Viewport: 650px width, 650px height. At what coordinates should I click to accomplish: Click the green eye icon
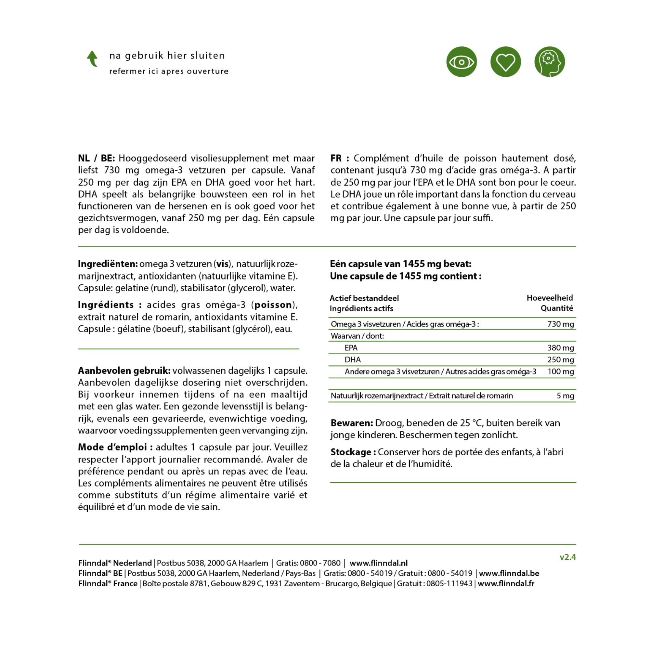(x=461, y=62)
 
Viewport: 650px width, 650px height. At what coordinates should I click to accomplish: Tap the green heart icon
(x=505, y=62)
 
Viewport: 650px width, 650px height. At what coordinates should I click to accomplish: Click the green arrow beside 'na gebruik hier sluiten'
(x=92, y=58)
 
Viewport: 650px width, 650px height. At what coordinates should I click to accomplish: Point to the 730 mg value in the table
(x=560, y=324)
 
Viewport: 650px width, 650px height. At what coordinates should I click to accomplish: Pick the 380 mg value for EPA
(x=560, y=347)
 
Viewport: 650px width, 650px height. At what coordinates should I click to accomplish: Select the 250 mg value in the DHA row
(x=560, y=359)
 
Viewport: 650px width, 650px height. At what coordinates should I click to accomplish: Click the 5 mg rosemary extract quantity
(x=565, y=396)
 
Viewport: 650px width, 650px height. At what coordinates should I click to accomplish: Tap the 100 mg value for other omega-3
(x=561, y=371)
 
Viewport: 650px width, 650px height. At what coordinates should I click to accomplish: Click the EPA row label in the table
(x=351, y=347)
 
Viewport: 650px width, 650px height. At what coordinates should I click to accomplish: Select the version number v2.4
(x=567, y=557)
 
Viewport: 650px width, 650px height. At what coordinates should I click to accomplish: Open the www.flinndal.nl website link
(x=379, y=563)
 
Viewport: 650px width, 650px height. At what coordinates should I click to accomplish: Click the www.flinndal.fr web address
(x=506, y=583)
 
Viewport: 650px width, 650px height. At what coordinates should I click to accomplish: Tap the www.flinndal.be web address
(x=509, y=573)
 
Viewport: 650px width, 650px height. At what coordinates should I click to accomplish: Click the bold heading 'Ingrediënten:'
(x=108, y=264)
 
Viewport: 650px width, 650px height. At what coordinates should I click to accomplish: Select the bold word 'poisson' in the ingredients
(x=273, y=305)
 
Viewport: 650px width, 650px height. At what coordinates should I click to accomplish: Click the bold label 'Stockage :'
(x=353, y=452)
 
